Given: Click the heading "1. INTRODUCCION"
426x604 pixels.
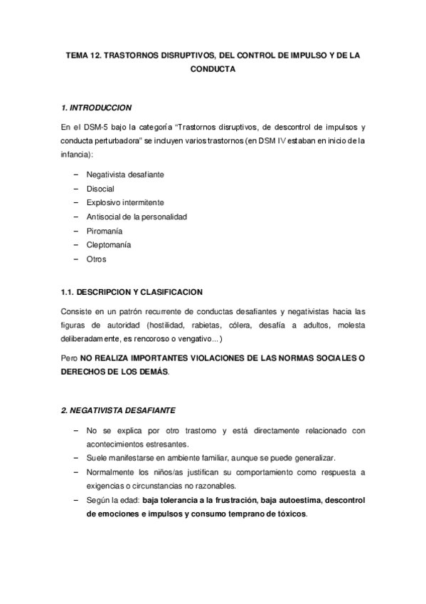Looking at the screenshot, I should click(x=97, y=108).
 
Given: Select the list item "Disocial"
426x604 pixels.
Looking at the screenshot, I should click(x=101, y=188).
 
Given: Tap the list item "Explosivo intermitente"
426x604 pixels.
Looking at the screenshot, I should click(x=125, y=202).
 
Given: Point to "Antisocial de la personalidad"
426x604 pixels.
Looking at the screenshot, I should click(x=137, y=217).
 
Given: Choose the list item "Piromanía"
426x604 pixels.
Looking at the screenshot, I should click(x=105, y=231).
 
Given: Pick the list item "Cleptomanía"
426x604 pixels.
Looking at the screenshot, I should click(x=109, y=245).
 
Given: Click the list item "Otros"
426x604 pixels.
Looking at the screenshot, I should click(x=96, y=259).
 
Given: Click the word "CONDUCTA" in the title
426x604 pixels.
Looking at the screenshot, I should click(x=213, y=70).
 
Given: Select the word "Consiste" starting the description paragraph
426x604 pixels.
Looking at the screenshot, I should click(x=77, y=311).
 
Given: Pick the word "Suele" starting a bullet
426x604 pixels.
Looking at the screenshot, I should click(x=96, y=457).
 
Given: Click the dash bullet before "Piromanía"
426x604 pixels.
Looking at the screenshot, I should click(x=76, y=231).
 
